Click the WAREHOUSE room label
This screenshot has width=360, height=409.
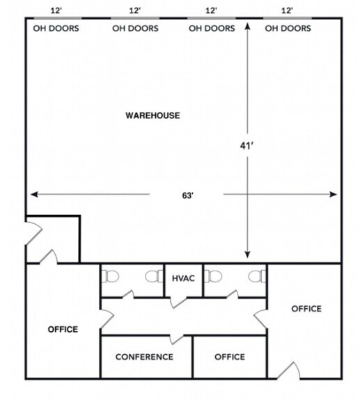[152, 115]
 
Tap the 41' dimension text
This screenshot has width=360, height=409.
[245, 146]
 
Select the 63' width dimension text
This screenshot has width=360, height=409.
[187, 195]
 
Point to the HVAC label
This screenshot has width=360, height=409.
[183, 279]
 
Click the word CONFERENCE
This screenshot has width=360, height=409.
[144, 357]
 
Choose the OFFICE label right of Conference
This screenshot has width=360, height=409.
[229, 357]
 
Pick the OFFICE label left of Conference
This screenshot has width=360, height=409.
[63, 329]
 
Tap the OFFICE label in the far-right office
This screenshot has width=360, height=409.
[306, 308]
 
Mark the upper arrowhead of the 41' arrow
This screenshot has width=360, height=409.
[247, 26]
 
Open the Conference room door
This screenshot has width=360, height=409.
[178, 339]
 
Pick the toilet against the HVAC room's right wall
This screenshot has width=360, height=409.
[214, 277]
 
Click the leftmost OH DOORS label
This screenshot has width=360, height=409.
[56, 29]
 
